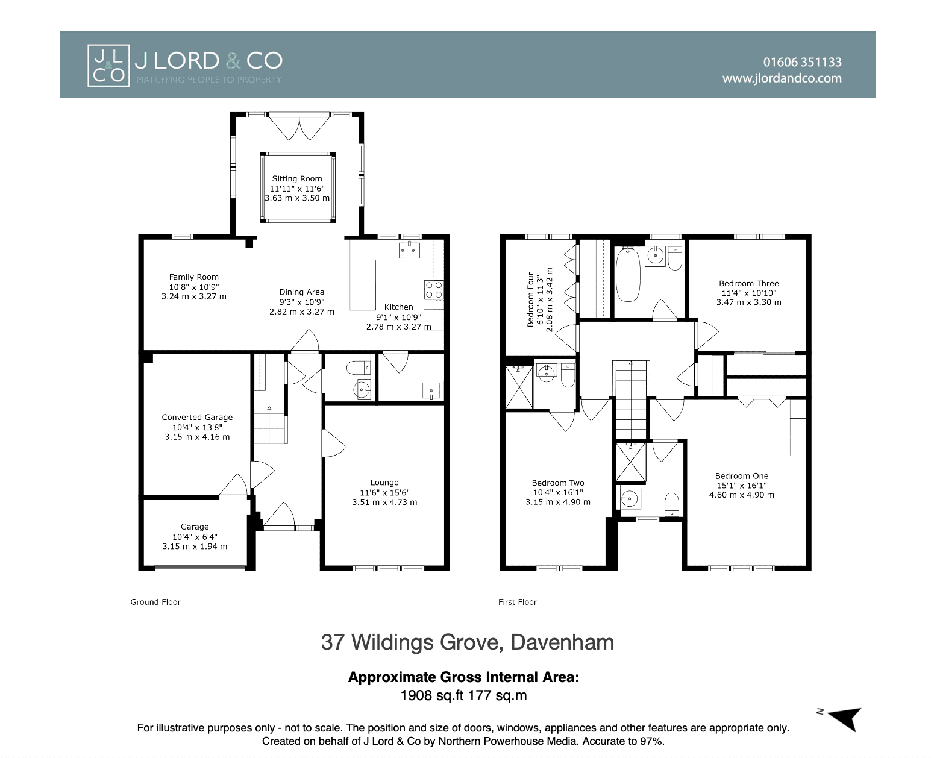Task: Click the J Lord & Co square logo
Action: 108,65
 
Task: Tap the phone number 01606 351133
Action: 802,62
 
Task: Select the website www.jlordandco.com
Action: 782,78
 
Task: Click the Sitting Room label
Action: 297,178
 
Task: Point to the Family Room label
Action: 194,277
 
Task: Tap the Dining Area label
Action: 302,292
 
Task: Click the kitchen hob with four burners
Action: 434,290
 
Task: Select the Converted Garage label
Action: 197,418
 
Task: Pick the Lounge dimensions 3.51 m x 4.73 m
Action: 384,502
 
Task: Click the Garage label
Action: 195,527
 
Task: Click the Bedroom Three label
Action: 749,284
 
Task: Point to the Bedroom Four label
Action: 531,299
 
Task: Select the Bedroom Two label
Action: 558,483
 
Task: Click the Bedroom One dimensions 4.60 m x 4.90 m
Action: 742,495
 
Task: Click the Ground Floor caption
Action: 155,602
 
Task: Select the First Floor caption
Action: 518,602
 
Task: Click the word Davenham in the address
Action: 562,642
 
